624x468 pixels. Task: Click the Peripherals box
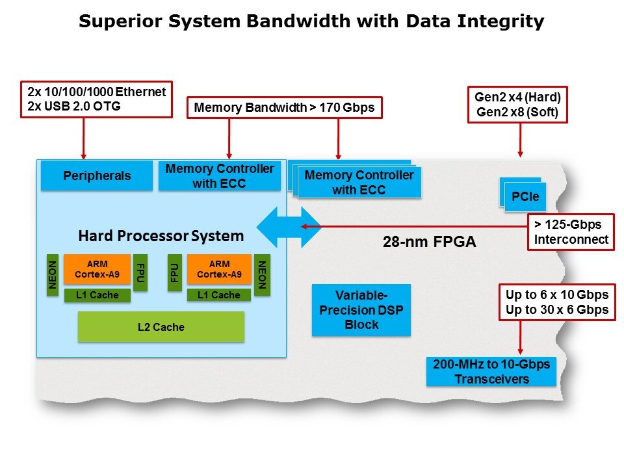[97, 176]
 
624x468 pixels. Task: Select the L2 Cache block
[161, 327]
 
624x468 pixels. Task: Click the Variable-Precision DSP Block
[361, 309]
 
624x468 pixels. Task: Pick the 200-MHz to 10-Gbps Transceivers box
[491, 372]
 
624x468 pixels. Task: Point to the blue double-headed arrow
[289, 227]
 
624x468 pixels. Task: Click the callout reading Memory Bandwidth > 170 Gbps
[285, 108]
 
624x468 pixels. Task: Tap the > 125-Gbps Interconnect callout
[571, 232]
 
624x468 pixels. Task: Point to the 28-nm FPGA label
[429, 243]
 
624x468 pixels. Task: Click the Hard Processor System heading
[161, 235]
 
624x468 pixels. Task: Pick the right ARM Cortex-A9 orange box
[219, 270]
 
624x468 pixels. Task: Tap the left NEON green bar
[53, 274]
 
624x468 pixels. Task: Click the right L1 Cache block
[218, 295]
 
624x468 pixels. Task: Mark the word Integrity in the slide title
[500, 21]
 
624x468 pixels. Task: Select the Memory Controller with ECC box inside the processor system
[220, 176]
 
